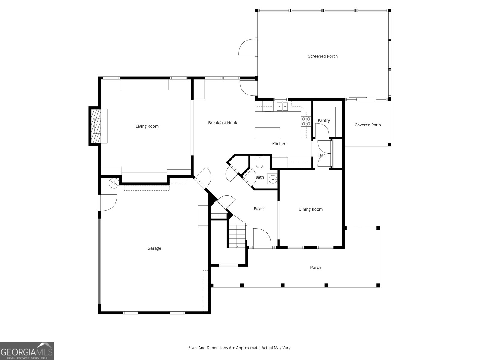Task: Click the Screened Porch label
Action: click(x=323, y=56)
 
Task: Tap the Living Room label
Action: click(x=147, y=126)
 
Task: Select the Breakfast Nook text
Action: click(x=223, y=123)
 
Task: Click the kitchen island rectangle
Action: click(x=268, y=133)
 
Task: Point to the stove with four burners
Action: click(x=306, y=121)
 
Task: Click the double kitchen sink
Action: click(x=282, y=106)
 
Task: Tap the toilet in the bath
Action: click(x=259, y=162)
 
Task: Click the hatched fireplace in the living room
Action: click(x=96, y=126)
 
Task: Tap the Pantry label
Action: click(x=324, y=121)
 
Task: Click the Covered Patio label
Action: click(x=367, y=125)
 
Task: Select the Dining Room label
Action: click(x=310, y=209)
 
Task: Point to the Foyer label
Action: click(x=259, y=209)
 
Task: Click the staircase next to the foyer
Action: click(x=237, y=235)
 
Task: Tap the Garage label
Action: click(x=154, y=248)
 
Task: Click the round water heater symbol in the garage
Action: click(x=114, y=183)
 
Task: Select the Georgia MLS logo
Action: click(x=27, y=351)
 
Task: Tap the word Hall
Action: click(x=322, y=155)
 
